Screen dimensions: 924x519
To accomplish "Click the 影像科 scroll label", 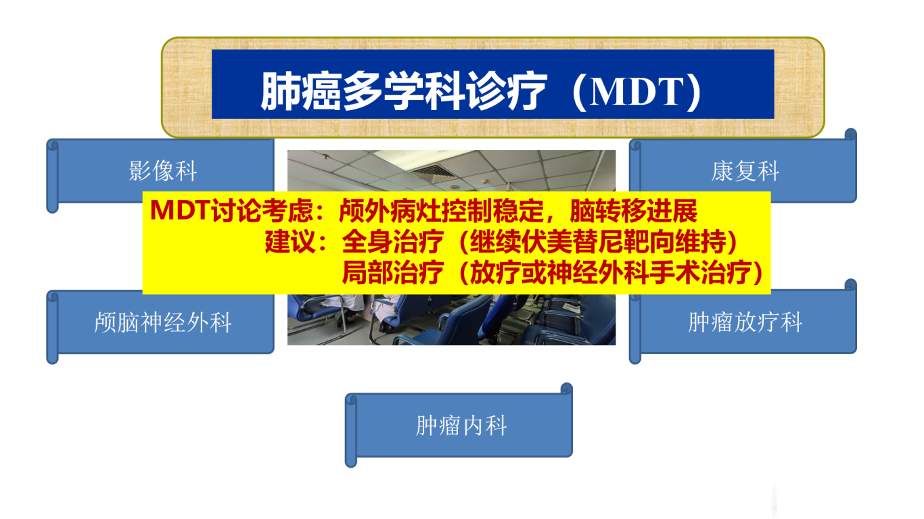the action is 163,171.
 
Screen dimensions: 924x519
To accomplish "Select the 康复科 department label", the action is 745,171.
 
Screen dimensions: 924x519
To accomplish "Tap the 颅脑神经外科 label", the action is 163,322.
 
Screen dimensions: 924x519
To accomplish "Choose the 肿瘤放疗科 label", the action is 745,322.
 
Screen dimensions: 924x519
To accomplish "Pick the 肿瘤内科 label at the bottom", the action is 461,426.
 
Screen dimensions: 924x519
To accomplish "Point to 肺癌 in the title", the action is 301,91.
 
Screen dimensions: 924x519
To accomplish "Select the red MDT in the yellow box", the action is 181,210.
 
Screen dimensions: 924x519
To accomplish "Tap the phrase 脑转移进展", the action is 633,211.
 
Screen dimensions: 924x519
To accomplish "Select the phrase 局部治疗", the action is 393,272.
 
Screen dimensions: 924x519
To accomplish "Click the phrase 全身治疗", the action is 393,241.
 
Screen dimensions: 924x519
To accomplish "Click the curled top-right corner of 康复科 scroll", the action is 850,134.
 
